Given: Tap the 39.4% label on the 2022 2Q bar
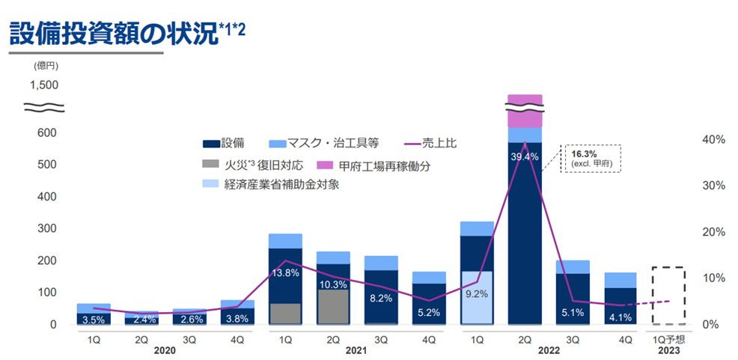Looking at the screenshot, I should click(x=525, y=156).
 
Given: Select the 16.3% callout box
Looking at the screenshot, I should click(x=592, y=158).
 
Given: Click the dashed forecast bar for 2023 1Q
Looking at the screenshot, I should click(x=668, y=295).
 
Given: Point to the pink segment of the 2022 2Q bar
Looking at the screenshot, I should click(x=525, y=111).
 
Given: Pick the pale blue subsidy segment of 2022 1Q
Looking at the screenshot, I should click(x=477, y=297).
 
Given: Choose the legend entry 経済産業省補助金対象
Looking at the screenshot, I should click(x=281, y=184).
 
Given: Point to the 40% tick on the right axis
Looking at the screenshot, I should click(x=714, y=139).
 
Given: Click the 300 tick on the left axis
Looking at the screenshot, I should click(x=48, y=229).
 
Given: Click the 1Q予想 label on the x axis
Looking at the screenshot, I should click(x=668, y=338).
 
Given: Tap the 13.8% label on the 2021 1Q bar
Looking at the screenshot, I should click(x=285, y=273).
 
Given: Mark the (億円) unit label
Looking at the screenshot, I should click(x=45, y=65).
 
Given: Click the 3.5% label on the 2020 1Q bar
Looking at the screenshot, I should click(x=94, y=320).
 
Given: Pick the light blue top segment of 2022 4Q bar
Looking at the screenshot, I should click(x=620, y=280).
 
